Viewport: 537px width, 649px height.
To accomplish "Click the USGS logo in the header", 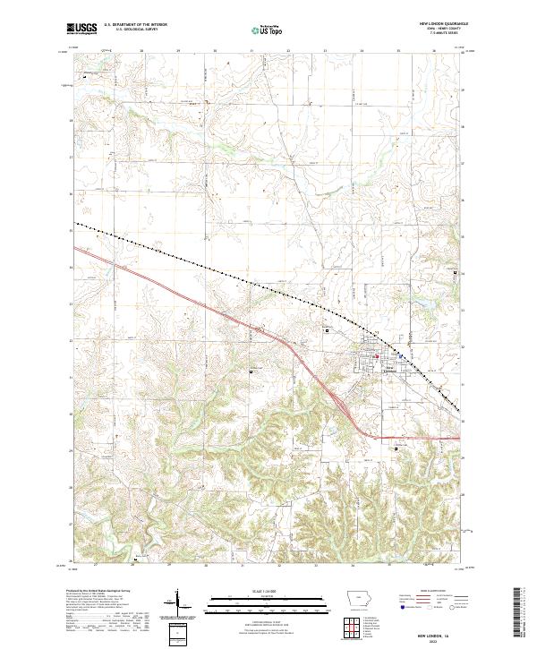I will [83, 30].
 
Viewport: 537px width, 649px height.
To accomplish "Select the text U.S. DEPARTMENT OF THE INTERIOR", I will [134, 26].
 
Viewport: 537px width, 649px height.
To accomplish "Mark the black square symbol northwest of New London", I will [327, 329].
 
